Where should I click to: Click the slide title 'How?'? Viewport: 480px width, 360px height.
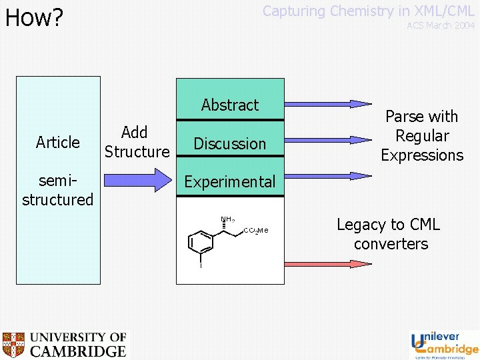[33, 17]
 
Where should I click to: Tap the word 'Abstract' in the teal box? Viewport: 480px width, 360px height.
[230, 105]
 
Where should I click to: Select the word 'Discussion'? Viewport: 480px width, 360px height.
[230, 143]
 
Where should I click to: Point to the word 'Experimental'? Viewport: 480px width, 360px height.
[230, 181]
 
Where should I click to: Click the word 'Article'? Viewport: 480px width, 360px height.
[58, 142]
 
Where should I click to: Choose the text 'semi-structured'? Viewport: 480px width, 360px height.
[58, 190]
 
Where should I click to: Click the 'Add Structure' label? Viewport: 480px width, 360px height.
[137, 142]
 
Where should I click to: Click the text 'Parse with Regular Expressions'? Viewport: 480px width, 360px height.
[422, 136]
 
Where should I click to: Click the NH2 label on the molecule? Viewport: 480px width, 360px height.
[227, 219]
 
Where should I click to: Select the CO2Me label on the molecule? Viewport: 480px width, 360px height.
[255, 231]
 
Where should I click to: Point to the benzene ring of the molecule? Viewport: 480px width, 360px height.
[201, 241]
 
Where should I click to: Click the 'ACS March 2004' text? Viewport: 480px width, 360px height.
[441, 25]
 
